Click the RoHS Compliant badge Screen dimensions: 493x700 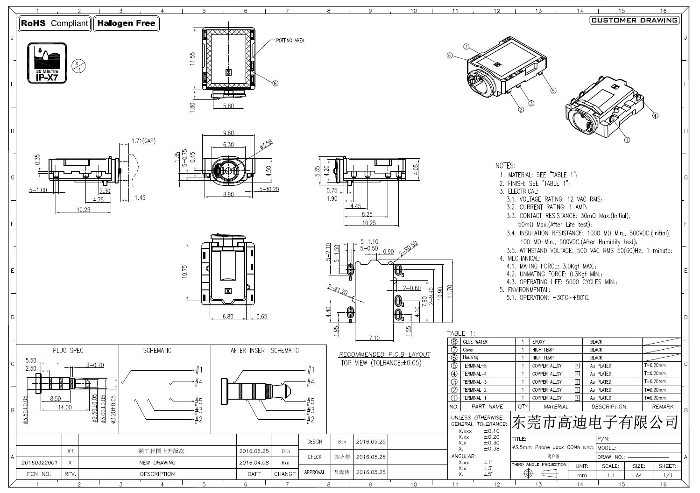(55, 23)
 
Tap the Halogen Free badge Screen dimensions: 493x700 (126, 23)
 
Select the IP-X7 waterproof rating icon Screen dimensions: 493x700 (47, 63)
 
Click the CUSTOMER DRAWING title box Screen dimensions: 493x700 (634, 20)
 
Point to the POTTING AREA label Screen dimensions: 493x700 (290, 41)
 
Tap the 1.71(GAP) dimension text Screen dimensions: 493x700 (143, 141)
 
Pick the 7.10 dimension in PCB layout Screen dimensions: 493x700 (374, 338)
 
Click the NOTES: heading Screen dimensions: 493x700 (505, 166)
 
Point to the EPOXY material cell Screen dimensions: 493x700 (538, 342)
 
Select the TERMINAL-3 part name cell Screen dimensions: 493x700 (474, 382)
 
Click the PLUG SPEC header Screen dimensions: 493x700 (68, 350)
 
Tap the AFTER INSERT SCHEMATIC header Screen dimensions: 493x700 (264, 350)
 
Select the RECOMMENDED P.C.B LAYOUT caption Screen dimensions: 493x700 (384, 354)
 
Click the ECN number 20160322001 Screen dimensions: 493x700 (39, 463)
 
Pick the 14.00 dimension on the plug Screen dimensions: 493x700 (64, 407)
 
